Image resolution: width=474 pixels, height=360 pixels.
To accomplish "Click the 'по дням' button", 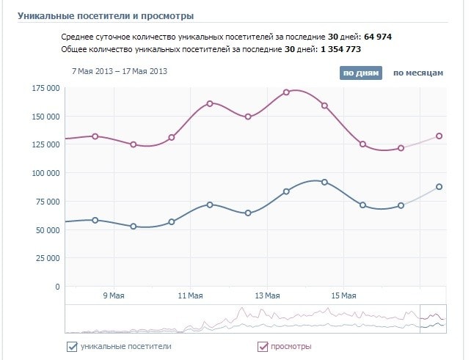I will coord(360,73).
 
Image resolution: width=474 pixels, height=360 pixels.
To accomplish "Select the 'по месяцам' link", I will coord(418,73).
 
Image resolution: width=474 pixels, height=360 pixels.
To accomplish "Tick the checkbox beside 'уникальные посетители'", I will coord(72,347).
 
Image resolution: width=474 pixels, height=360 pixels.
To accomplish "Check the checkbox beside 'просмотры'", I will coord(263,347).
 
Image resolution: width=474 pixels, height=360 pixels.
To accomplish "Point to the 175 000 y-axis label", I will coord(45,89).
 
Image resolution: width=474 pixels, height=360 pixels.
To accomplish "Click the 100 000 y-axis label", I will coord(45,173).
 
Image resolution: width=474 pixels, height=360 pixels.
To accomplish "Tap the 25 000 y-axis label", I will coord(48,258).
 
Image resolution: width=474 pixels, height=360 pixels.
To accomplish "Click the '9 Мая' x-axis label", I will coord(114,295).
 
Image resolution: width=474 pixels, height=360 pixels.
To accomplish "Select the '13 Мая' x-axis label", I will coord(267,295).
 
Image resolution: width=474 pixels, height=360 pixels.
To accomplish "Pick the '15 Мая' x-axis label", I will coord(343,295).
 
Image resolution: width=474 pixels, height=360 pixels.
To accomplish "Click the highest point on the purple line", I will coord(286,92).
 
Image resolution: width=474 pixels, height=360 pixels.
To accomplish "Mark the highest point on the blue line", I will coord(324,182).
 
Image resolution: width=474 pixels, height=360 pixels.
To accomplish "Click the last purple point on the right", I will coord(439,136).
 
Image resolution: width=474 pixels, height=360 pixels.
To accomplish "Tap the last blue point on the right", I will coord(439,187).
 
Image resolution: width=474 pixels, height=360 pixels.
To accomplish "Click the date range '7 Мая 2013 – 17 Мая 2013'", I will coord(120,71).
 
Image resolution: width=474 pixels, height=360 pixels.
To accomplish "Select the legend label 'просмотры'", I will coord(291,347).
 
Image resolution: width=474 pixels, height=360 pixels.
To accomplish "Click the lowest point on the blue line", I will coord(134,227).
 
